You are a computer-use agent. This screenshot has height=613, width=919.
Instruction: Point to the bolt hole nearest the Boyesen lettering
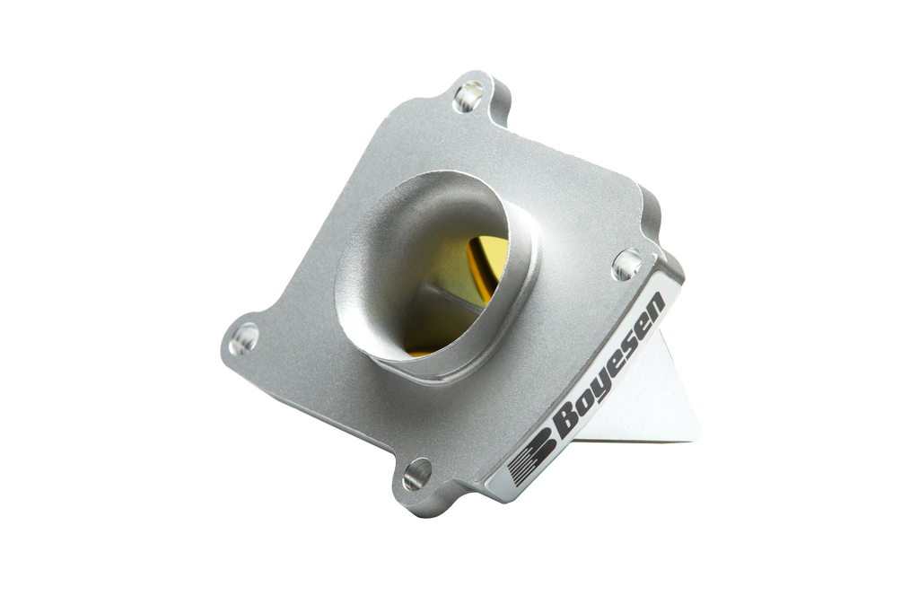(x=626, y=264)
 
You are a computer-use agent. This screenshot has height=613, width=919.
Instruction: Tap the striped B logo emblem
(x=529, y=460)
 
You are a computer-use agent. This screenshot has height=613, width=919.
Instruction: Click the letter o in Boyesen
(x=582, y=398)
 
